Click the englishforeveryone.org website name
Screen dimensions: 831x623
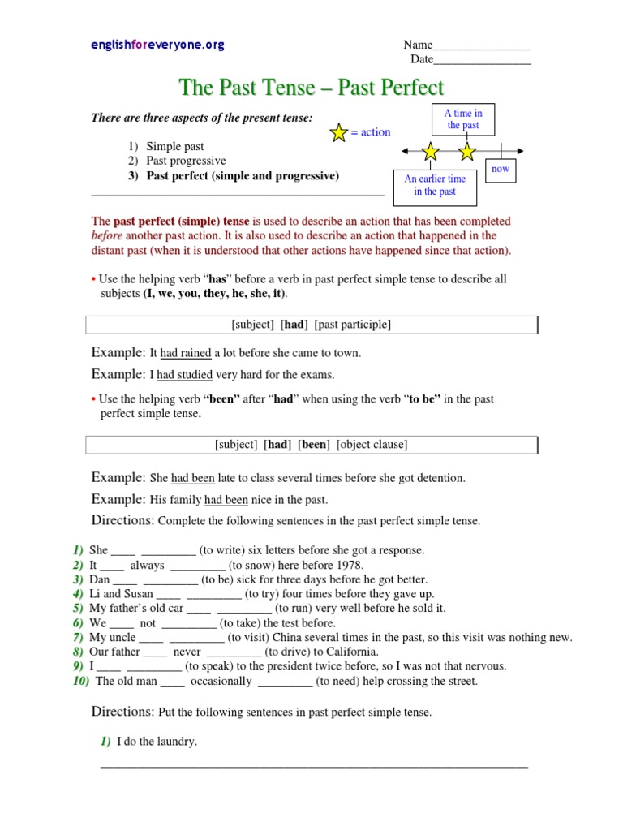click(157, 45)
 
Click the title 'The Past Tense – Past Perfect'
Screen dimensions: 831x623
click(311, 88)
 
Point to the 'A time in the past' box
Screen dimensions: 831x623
click(463, 119)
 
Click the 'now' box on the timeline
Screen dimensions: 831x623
click(501, 170)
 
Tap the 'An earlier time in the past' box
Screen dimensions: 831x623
click(435, 185)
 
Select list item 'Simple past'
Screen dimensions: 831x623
click(174, 146)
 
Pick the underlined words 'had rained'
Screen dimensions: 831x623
click(186, 353)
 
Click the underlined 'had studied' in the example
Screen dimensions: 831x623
click(184, 375)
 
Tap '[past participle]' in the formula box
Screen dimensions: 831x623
click(352, 325)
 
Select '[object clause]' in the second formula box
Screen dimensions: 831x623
click(372, 445)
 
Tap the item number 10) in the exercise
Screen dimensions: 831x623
click(81, 681)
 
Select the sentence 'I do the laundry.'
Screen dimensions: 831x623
click(157, 742)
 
